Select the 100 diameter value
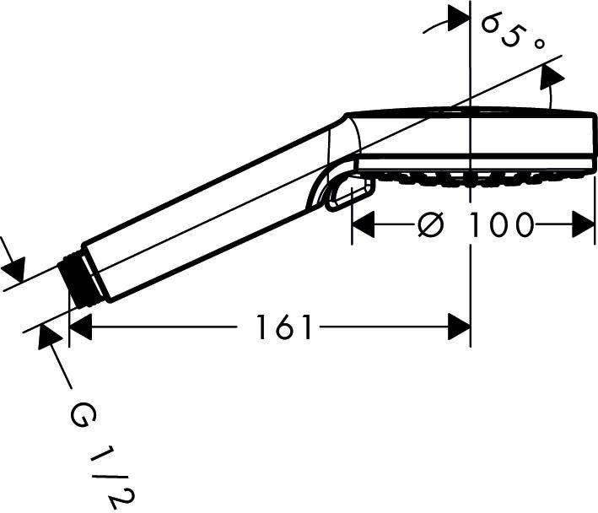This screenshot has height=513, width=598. [x=500, y=224]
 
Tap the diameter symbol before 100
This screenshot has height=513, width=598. [x=431, y=224]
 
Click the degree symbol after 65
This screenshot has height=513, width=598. [x=538, y=44]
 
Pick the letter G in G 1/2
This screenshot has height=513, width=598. [x=84, y=417]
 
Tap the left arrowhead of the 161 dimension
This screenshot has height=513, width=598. [x=80, y=327]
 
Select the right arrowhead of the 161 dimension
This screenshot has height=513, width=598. [x=459, y=327]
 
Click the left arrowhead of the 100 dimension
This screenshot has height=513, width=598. [x=363, y=225]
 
